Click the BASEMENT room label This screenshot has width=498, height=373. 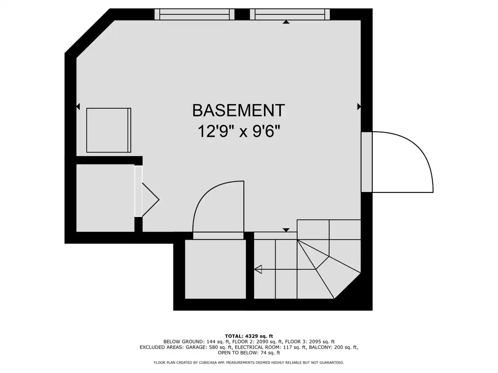click(x=238, y=110)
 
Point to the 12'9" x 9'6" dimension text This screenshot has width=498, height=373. click(x=239, y=131)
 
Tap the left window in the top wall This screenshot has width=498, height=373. click(x=195, y=14)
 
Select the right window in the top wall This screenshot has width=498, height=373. click(x=290, y=14)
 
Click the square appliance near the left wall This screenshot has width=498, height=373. click(x=109, y=130)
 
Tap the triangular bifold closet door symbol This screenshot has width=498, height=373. click(x=151, y=200)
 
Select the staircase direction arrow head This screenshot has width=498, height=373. click(x=258, y=269)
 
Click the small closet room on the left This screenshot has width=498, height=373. click(x=105, y=198)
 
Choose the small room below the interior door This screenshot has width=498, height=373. click(x=215, y=269)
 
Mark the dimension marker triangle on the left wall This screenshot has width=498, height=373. click(x=78, y=106)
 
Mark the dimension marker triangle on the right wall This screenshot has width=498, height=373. click(x=359, y=106)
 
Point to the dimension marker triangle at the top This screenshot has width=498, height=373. click(x=286, y=22)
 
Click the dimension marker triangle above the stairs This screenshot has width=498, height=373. click(x=286, y=230)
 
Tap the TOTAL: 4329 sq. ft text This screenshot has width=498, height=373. click(x=249, y=336)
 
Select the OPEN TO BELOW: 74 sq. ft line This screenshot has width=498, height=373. click(x=249, y=353)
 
